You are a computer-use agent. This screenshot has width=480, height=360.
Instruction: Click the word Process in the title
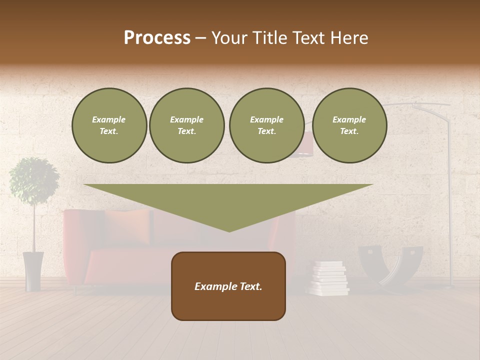coord(157,38)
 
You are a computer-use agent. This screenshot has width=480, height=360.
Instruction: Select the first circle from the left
coord(109,125)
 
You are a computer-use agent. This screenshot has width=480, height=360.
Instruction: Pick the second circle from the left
coord(186,125)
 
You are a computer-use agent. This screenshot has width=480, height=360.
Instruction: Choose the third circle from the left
coord(266,125)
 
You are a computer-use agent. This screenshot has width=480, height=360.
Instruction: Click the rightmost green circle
coord(349,125)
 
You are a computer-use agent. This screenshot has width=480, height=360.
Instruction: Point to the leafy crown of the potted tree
coord(34,180)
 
